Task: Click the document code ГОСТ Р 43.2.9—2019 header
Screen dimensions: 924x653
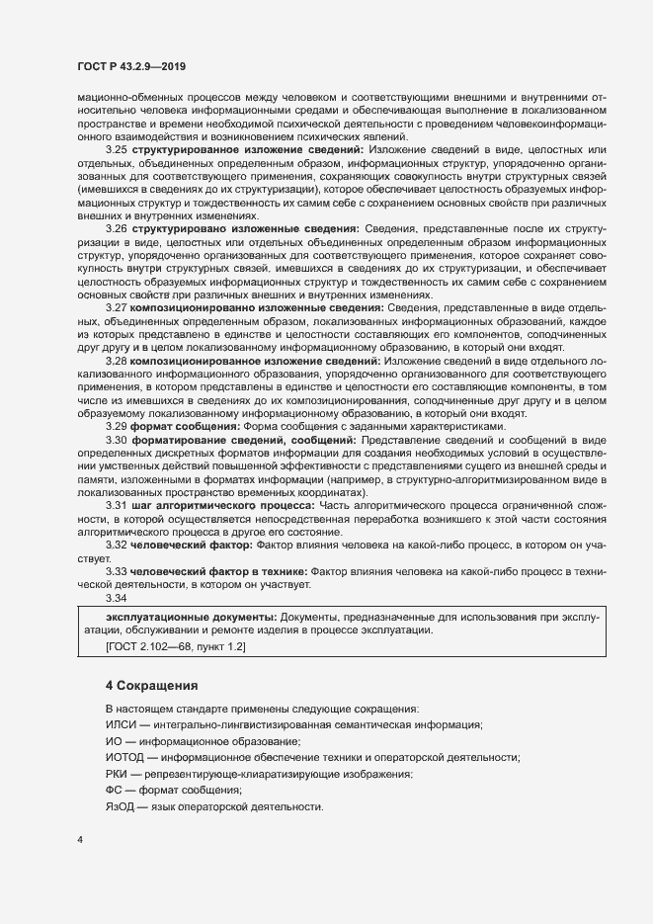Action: [x=131, y=66]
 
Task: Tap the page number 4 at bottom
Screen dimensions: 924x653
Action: [x=79, y=840]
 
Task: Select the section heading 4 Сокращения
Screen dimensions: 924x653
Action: [x=152, y=685]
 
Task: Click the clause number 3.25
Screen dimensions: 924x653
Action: [x=117, y=148]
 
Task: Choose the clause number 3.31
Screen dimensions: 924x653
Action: [x=117, y=506]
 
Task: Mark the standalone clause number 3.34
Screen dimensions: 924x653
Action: [x=117, y=598]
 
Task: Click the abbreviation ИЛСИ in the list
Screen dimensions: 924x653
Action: [x=119, y=725]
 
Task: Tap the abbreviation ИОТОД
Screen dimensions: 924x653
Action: [x=123, y=757]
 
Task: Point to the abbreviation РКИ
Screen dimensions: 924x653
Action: [x=117, y=774]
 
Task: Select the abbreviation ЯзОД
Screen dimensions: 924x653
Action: [x=120, y=806]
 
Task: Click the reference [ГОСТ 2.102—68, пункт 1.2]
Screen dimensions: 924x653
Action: [x=176, y=646]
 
